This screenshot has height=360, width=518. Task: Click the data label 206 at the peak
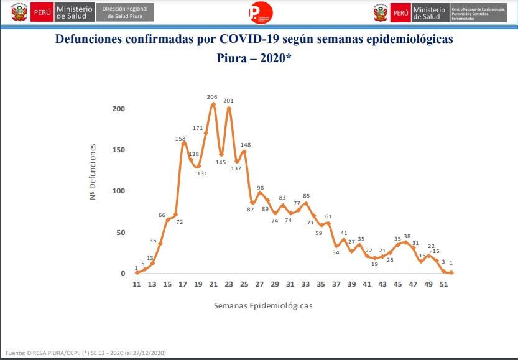(x=212, y=97)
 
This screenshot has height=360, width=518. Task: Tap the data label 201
(x=228, y=101)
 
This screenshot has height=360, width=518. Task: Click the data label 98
(x=261, y=188)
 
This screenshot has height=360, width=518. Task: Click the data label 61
(x=328, y=216)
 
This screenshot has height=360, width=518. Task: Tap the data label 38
(x=407, y=236)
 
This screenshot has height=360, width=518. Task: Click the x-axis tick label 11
(x=137, y=284)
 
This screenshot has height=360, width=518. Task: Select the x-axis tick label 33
(x=305, y=284)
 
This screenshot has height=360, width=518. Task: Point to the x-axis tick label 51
(x=443, y=284)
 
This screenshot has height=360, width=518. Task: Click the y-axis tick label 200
(x=119, y=109)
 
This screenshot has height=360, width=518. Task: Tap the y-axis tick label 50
(x=121, y=233)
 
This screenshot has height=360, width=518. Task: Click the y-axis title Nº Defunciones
(x=93, y=172)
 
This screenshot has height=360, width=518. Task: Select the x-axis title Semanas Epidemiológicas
(x=262, y=306)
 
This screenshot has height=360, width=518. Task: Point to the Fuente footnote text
(x=86, y=353)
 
